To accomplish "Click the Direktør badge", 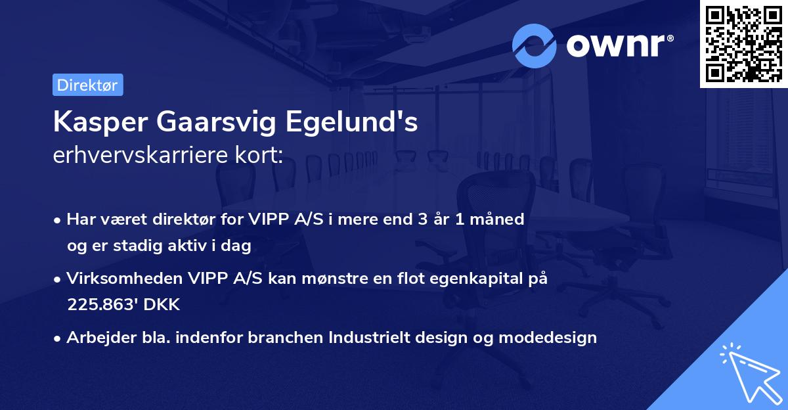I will click(87, 85).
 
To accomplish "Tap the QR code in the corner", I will click(743, 43).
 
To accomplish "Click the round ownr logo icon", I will click(534, 45).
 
